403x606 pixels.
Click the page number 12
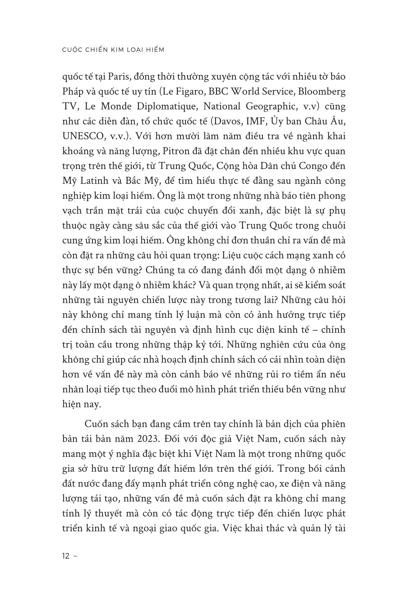point(66,556)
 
